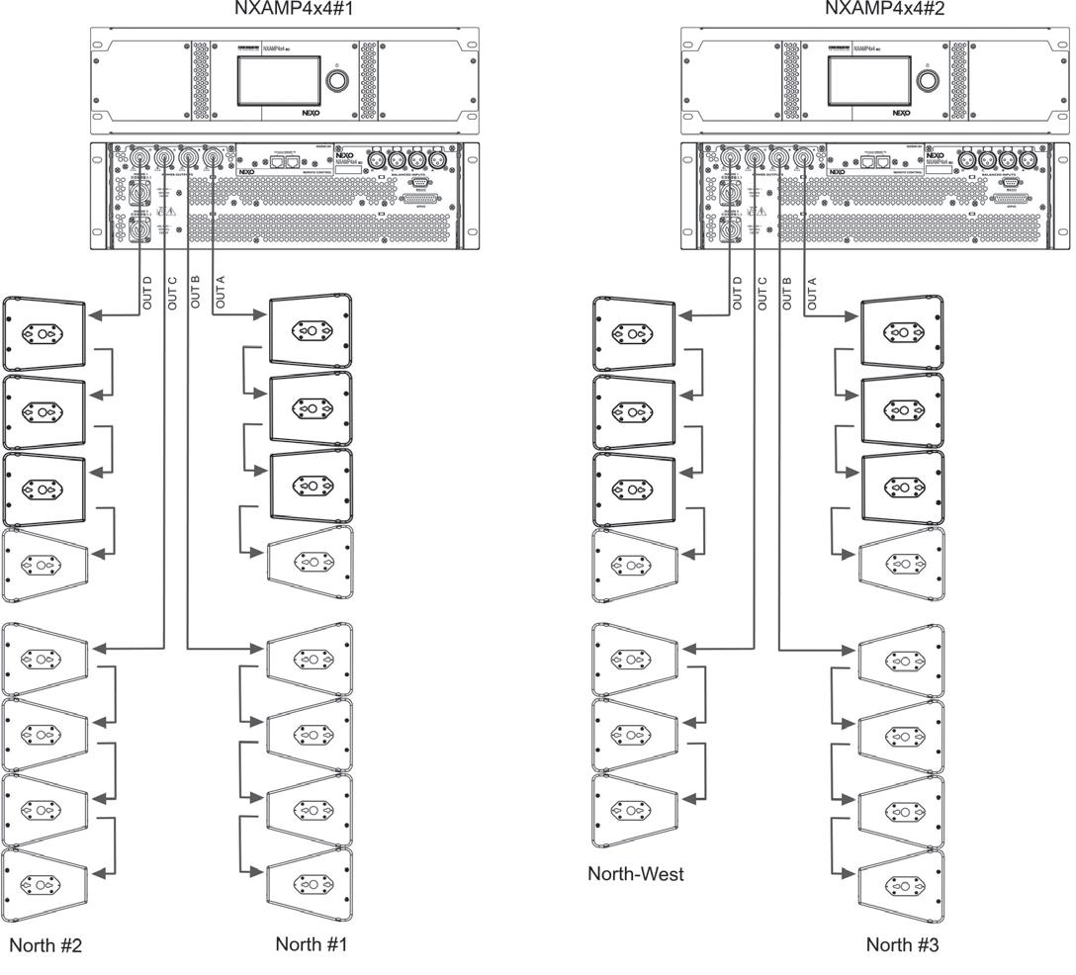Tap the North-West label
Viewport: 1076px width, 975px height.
pyautogui.click(x=636, y=874)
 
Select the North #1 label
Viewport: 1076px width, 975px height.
pyautogui.click(x=311, y=944)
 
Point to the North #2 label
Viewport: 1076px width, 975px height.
pyautogui.click(x=45, y=945)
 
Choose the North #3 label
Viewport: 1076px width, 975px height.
pyautogui.click(x=902, y=944)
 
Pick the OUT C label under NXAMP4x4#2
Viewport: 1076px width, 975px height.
pyautogui.click(x=762, y=293)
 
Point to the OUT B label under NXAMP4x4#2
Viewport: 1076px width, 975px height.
pyautogui.click(x=788, y=293)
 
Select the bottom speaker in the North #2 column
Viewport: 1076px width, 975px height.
pyautogui.click(x=44, y=883)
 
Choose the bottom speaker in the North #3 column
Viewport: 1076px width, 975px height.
pyautogui.click(x=901, y=883)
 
